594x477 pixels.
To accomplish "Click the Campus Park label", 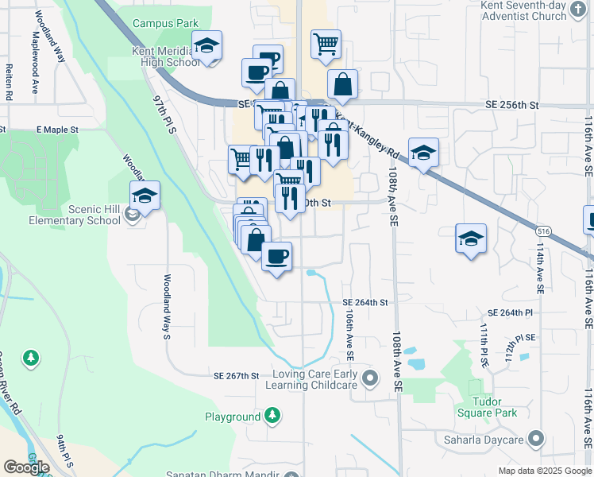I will (165, 24).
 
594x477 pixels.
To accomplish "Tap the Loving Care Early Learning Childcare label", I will (314, 379).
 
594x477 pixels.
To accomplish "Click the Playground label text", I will (233, 417).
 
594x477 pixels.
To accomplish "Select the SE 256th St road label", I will (511, 105).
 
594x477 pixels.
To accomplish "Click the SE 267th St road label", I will (237, 375).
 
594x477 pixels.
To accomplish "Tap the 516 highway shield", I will (543, 231).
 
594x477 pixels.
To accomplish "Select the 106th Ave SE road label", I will (349, 339).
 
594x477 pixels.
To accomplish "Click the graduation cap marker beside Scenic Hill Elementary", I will (145, 195).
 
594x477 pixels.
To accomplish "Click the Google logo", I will (26, 467).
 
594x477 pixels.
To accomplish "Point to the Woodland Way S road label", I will (168, 307).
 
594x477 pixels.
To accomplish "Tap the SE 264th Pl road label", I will (512, 313).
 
